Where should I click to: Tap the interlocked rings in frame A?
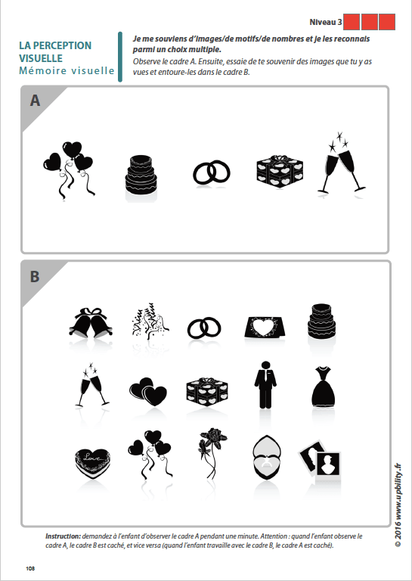(211, 172)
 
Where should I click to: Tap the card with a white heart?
(265, 327)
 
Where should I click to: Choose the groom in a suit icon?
(265, 385)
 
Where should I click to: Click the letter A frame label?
(35, 101)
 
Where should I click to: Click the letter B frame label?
(35, 276)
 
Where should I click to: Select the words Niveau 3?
(325, 22)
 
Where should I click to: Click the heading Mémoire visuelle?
(67, 70)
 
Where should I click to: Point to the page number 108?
(30, 568)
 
